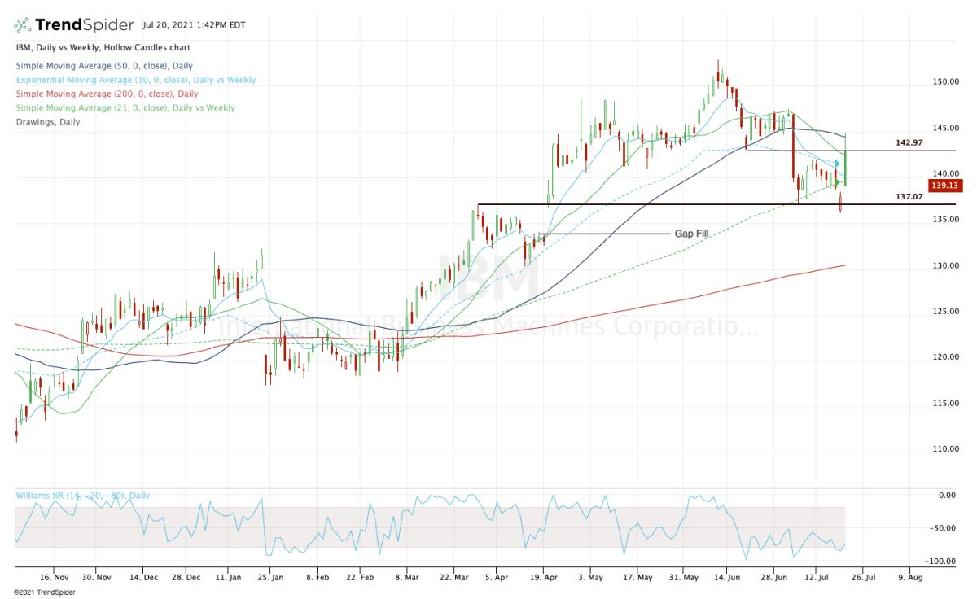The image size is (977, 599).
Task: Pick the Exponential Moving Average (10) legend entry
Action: (x=135, y=80)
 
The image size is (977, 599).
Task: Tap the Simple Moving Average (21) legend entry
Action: (x=125, y=107)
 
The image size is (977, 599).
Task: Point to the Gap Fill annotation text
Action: (x=691, y=234)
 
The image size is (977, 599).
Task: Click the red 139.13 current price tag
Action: (x=948, y=186)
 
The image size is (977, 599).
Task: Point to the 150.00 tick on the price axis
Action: (x=947, y=82)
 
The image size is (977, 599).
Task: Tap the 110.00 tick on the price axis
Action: (x=947, y=448)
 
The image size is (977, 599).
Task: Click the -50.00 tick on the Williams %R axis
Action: (x=947, y=528)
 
